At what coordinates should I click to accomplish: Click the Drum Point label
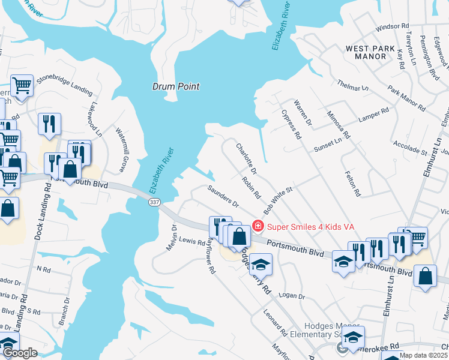[x=175, y=86]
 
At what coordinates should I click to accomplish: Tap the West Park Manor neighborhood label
[x=370, y=52]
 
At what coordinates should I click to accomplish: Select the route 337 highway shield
[x=154, y=204]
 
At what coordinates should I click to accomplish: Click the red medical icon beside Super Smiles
[x=258, y=226]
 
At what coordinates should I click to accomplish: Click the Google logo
[x=20, y=353]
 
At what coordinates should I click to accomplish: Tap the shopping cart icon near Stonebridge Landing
[x=22, y=85]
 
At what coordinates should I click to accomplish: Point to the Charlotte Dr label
[x=246, y=159]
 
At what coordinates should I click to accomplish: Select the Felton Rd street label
[x=352, y=184]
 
